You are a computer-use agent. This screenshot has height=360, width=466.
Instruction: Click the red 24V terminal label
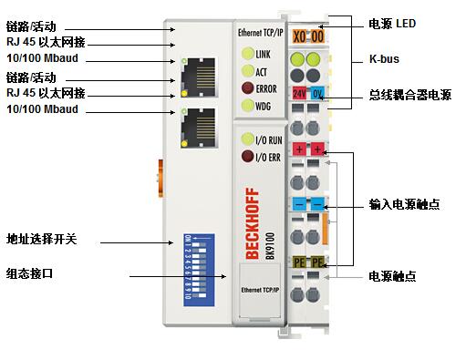[299, 94]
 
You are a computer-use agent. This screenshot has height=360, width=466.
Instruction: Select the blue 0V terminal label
[316, 94]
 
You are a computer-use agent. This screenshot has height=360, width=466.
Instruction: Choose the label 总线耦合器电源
[409, 94]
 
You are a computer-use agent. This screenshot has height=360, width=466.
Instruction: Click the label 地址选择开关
[42, 239]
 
